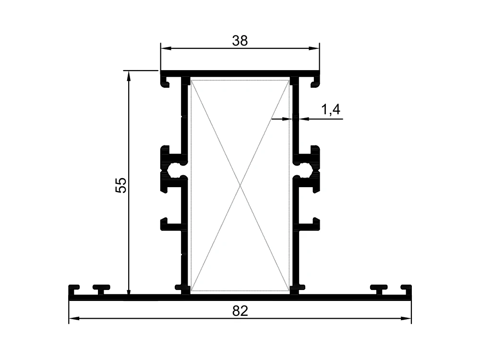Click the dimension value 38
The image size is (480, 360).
(240, 41)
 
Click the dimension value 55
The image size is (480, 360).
(121, 185)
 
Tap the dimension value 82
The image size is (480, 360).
(240, 311)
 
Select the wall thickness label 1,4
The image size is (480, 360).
(331, 109)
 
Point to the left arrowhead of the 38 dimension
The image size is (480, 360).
(166, 48)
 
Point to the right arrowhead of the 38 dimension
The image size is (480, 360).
(314, 48)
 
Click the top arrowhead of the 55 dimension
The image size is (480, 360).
(129, 76)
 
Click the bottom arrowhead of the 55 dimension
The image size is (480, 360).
(129, 289)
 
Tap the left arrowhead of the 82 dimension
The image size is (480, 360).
(74, 319)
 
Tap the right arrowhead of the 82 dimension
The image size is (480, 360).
(406, 319)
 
